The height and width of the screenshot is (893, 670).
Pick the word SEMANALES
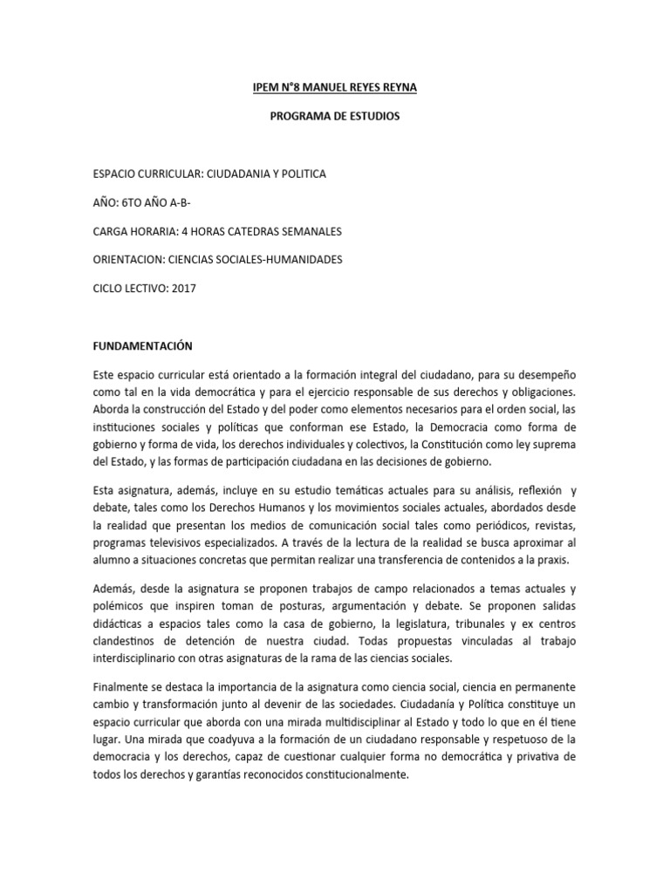point(310,231)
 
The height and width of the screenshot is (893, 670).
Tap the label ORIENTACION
point(124,259)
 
